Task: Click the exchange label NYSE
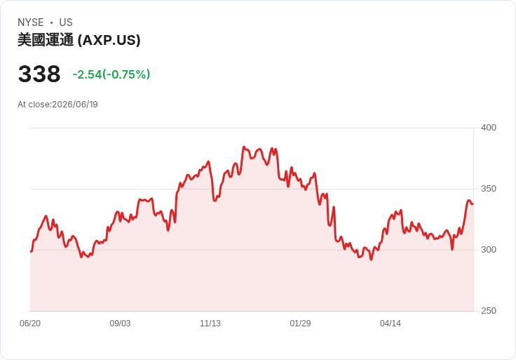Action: (31, 22)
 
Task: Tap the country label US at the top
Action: (66, 22)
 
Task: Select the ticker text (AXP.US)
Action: (109, 40)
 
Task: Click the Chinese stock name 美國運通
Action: (46, 40)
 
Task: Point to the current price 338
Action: (39, 74)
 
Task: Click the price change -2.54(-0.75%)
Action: (111, 74)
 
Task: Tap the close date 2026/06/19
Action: (75, 105)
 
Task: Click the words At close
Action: (34, 105)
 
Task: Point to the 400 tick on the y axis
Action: (489, 128)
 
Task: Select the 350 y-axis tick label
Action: (489, 189)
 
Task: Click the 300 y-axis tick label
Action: (489, 250)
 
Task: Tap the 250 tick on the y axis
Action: (489, 311)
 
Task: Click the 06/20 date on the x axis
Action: (30, 324)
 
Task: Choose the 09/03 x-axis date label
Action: (120, 324)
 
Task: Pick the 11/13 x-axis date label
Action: (210, 324)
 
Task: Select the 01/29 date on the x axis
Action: (300, 324)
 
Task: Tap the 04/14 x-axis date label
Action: (391, 324)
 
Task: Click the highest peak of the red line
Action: (244, 147)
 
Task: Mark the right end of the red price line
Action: (473, 204)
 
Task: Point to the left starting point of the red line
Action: (31, 252)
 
